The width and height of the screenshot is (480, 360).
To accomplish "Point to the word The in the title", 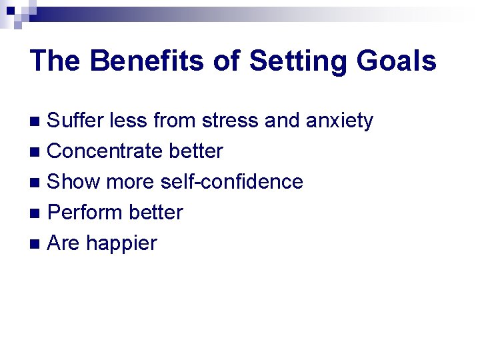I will [x=55, y=61].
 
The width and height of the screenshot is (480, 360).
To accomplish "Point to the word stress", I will [x=225, y=121].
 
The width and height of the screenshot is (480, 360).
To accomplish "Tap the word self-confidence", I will [x=231, y=182].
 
